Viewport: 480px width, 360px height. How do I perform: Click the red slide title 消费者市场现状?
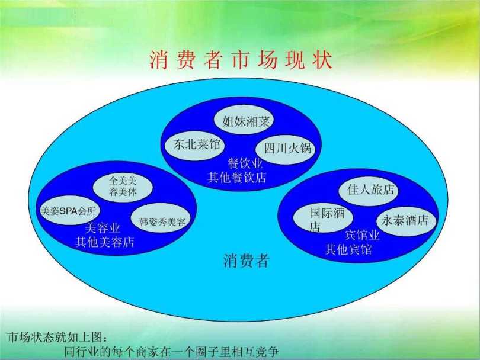click(x=241, y=60)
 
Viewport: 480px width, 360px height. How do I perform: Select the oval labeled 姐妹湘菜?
click(x=244, y=121)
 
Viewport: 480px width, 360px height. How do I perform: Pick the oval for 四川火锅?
click(x=285, y=149)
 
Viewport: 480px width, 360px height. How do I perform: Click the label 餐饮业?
click(x=245, y=163)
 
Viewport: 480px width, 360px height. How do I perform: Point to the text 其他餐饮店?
click(x=237, y=178)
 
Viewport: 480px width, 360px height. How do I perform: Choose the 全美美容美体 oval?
click(x=123, y=187)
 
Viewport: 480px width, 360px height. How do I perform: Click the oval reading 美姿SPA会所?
click(x=69, y=210)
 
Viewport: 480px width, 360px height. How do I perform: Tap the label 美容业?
click(x=103, y=228)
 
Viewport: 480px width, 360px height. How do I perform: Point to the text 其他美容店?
click(x=105, y=242)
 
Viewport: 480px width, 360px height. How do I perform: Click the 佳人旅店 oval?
click(x=369, y=190)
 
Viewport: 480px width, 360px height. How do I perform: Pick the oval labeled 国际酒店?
click(x=324, y=218)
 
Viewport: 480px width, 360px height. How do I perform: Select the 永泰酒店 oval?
click(x=405, y=221)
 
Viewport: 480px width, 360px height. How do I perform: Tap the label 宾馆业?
click(x=363, y=236)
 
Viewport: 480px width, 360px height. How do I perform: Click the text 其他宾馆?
click(x=348, y=250)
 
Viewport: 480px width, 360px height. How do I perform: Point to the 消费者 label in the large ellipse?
click(x=247, y=261)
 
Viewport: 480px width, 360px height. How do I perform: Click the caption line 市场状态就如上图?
click(x=57, y=337)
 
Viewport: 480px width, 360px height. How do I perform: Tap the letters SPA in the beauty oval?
click(x=69, y=211)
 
